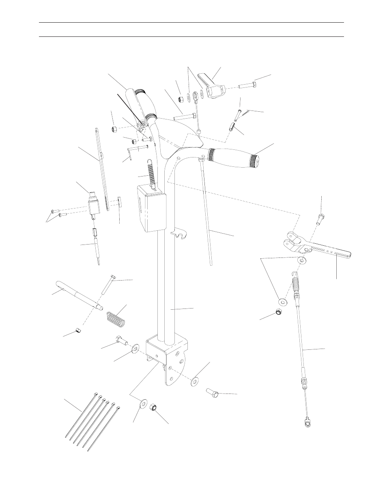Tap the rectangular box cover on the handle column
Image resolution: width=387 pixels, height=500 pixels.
[x=151, y=208]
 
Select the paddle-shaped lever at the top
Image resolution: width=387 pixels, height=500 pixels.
[x=212, y=85]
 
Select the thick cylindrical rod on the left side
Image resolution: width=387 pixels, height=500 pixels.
[x=80, y=298]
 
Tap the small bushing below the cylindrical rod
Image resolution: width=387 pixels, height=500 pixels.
[x=78, y=332]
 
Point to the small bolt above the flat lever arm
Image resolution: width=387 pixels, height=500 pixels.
[x=320, y=219]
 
